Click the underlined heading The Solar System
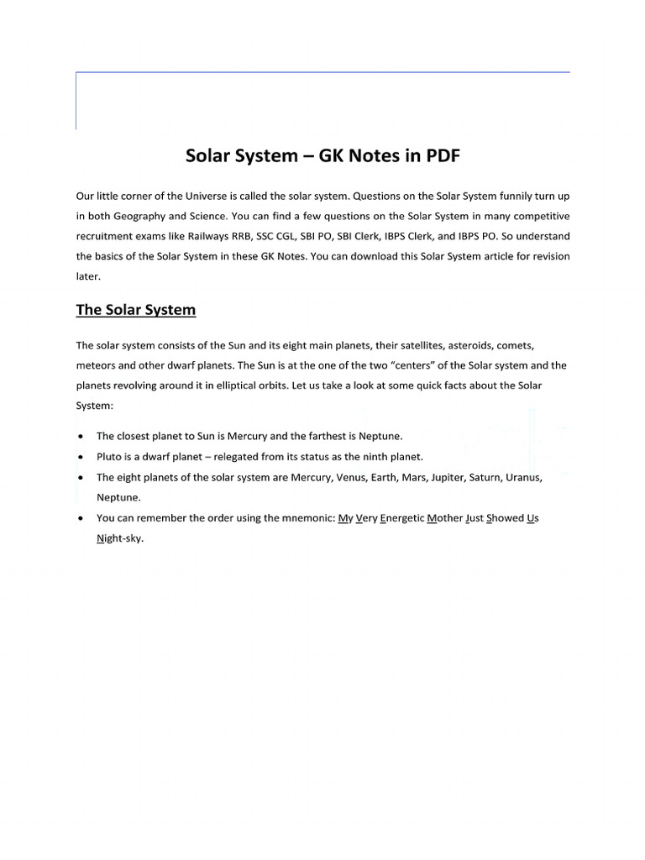[x=135, y=310]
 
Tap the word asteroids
[x=475, y=345]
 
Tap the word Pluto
[x=110, y=457]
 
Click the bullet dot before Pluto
[x=80, y=457]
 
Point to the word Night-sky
[x=120, y=538]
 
